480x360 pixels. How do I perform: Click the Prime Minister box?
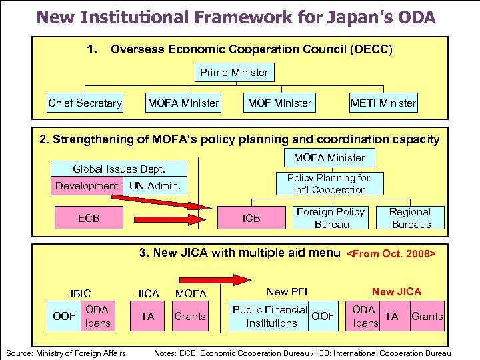click(233, 72)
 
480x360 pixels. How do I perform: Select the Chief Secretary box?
click(85, 103)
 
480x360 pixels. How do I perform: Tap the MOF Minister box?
click(279, 103)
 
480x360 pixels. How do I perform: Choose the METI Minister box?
click(383, 103)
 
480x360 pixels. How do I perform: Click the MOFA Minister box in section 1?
click(183, 103)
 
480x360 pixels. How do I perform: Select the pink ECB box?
click(89, 217)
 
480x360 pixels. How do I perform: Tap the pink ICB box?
click(251, 217)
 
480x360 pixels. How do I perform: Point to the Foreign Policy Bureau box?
click(331, 217)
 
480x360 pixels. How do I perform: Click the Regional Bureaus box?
click(411, 217)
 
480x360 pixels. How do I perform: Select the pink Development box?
click(87, 185)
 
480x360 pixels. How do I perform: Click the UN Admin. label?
click(155, 185)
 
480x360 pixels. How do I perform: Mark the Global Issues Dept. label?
click(119, 169)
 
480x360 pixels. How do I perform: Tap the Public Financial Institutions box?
click(271, 316)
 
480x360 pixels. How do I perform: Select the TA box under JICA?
click(147, 316)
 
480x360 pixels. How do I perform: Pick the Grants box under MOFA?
click(190, 316)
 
